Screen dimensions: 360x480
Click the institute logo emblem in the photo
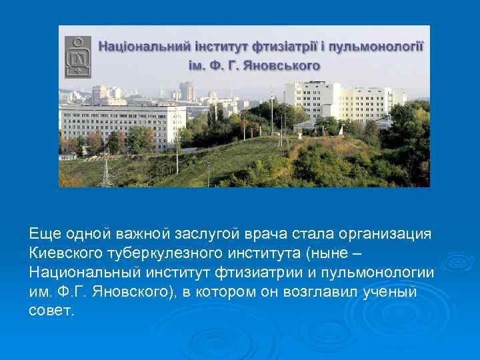[78, 56]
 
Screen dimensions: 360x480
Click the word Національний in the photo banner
[137, 47]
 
